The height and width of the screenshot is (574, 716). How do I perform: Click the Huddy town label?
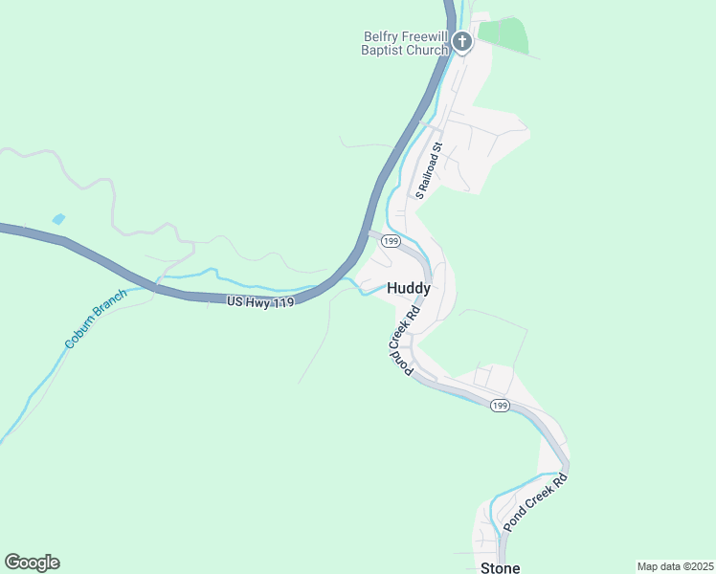point(409,288)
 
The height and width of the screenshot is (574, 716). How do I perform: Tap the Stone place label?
point(500,568)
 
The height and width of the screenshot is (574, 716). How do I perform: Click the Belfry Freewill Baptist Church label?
point(406,44)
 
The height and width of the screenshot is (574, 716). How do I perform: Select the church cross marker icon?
point(462,42)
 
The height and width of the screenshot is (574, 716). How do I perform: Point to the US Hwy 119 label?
point(259,300)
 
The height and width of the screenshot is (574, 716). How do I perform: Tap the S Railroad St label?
point(426,170)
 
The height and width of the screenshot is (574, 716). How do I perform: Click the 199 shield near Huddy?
point(390,242)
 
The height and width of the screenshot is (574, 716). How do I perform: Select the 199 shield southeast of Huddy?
point(500,407)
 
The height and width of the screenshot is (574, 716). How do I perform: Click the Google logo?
point(32,563)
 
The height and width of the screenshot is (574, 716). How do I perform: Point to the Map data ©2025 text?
point(675,565)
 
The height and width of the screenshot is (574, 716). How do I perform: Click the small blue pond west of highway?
point(58,219)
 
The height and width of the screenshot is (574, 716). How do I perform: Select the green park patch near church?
point(503,35)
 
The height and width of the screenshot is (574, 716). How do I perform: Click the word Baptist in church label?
point(382,51)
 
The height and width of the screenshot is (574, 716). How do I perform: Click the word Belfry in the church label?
point(380,37)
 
